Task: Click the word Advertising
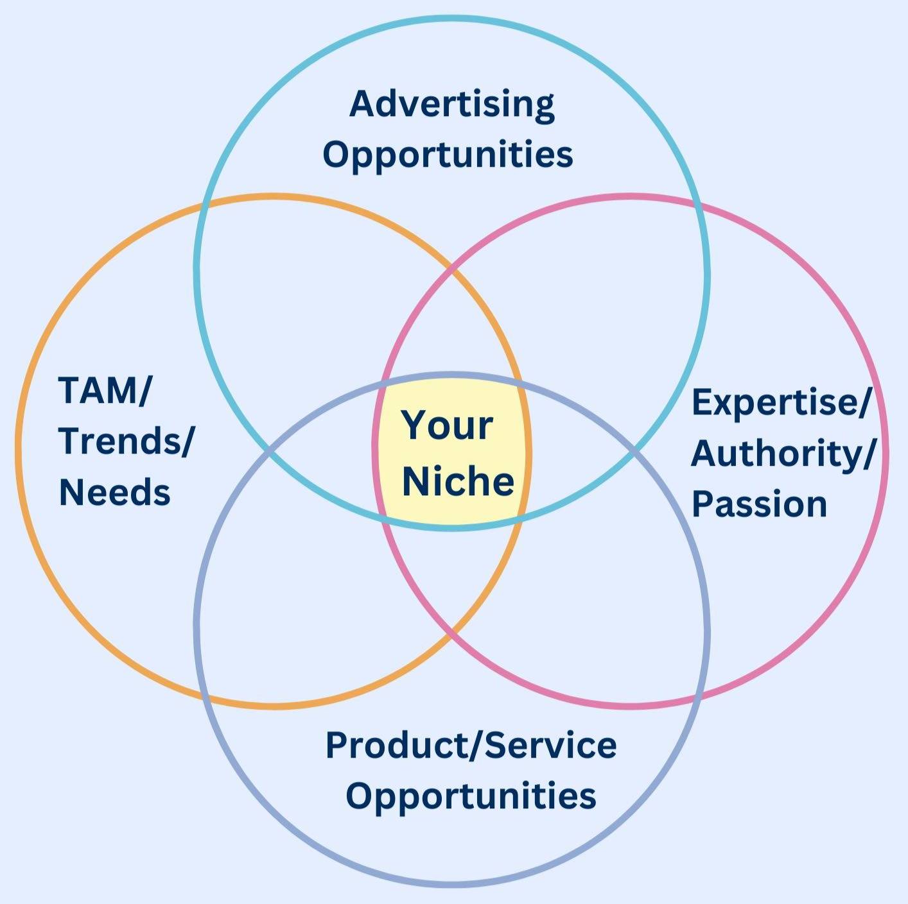click(452, 106)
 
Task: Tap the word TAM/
click(105, 390)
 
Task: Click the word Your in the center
click(447, 425)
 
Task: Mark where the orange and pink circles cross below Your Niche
click(453, 631)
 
